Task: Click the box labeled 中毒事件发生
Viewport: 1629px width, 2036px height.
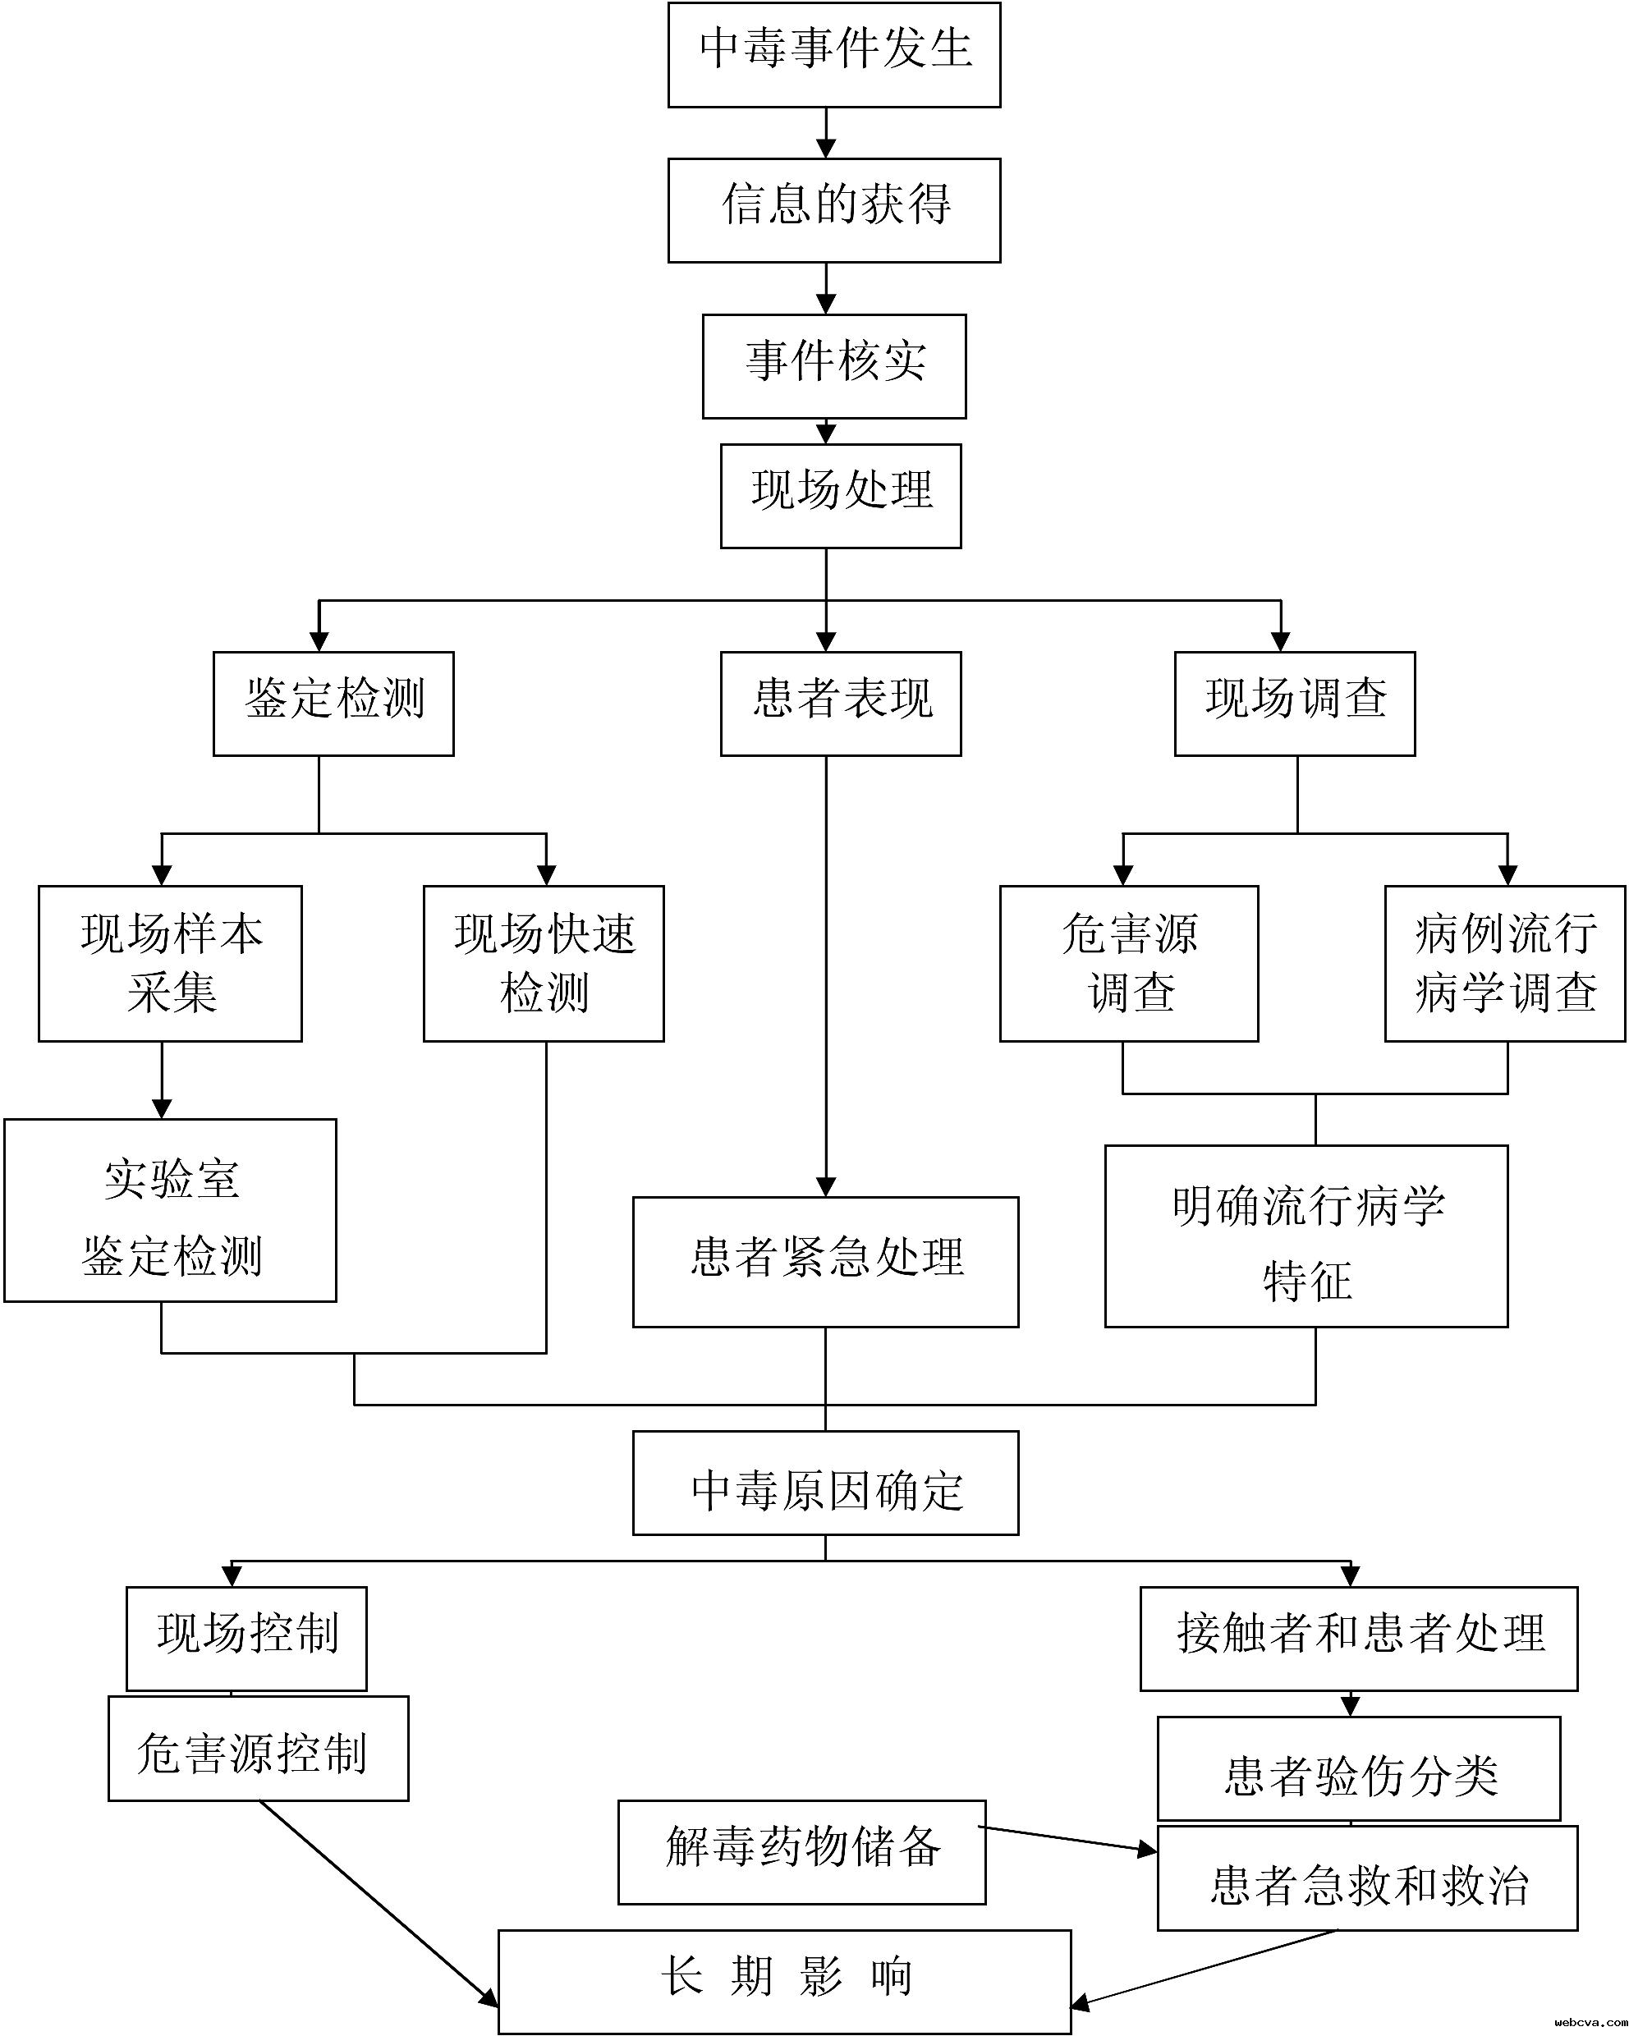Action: tap(834, 55)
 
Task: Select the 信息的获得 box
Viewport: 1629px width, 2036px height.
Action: tap(834, 209)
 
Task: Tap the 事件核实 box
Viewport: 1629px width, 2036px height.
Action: tap(834, 365)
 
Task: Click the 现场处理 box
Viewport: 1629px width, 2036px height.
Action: tap(841, 496)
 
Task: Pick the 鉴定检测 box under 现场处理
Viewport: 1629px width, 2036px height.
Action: tap(333, 704)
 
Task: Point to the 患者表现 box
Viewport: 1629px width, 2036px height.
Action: tap(841, 704)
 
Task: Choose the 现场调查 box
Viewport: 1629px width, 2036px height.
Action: tap(1294, 704)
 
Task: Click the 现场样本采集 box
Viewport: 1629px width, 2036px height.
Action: tap(170, 963)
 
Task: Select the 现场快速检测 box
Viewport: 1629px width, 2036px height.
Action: tap(543, 963)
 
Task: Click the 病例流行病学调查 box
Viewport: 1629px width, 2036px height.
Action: tap(1504, 963)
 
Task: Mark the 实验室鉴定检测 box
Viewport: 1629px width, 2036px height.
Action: tap(170, 1211)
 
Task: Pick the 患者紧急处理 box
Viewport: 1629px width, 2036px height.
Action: tap(825, 1262)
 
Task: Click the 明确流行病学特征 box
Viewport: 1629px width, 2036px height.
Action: tap(1306, 1236)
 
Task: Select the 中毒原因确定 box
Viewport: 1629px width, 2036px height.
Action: tap(825, 1483)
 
